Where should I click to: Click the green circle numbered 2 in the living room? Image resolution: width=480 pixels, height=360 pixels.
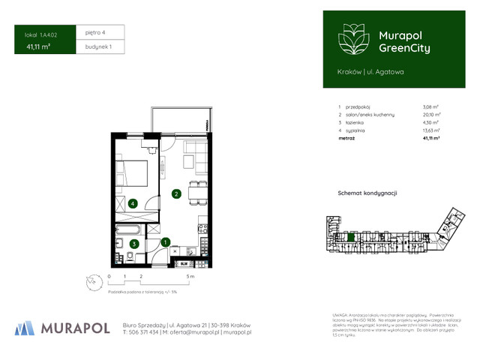point(175,194)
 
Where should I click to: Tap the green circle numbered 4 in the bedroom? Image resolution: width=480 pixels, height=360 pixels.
point(132,202)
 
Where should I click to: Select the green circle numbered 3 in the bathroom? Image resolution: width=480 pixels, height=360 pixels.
point(133,243)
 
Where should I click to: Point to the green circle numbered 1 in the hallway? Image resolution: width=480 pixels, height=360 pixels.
point(166,241)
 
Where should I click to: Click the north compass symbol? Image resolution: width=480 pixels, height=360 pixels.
point(91,280)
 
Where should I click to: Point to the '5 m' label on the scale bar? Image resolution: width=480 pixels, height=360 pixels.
point(190,277)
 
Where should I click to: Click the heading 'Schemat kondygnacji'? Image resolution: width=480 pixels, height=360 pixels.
point(367,193)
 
